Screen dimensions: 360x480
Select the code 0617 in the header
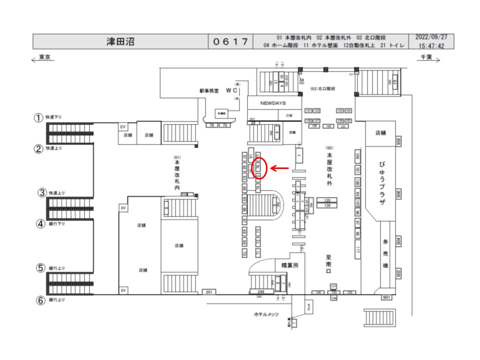[x=230, y=41]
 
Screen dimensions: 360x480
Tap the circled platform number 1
[x=38, y=118]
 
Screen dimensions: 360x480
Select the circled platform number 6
[x=39, y=300]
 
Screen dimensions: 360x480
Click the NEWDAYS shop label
[x=272, y=103]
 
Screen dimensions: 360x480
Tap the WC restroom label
[x=231, y=90]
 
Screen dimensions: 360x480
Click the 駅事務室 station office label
[x=209, y=91]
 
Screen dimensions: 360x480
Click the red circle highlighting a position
[x=259, y=168]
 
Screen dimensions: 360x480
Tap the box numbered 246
[x=260, y=291]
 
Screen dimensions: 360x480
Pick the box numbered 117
[x=358, y=248]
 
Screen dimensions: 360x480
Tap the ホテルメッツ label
[x=265, y=314]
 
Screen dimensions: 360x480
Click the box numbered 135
[x=327, y=200]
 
